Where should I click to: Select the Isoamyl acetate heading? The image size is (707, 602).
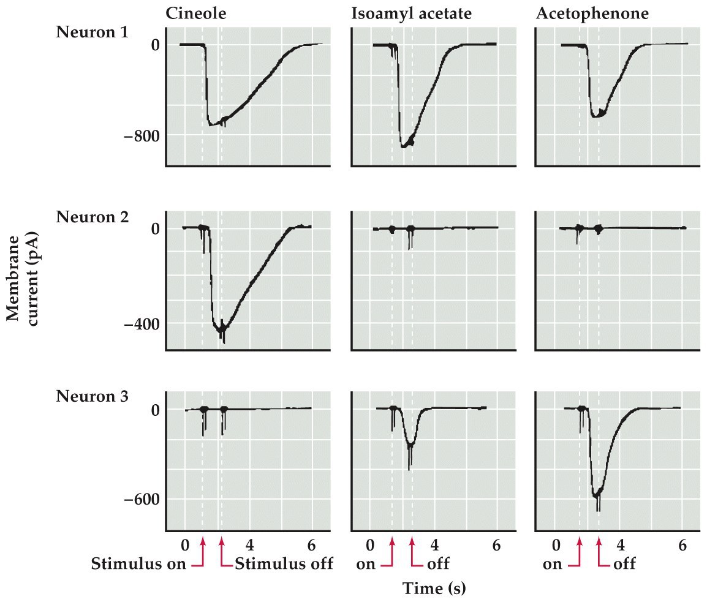pyautogui.click(x=410, y=13)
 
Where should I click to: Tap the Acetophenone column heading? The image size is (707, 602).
pyautogui.click(x=592, y=13)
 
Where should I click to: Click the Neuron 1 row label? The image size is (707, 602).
pyautogui.click(x=92, y=32)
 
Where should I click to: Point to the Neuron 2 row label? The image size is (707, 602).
pyautogui.click(x=92, y=217)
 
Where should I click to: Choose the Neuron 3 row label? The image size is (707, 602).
pyautogui.click(x=92, y=396)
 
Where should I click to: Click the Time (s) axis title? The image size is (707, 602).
pyautogui.click(x=434, y=589)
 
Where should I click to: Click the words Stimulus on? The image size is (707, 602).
pyautogui.click(x=138, y=563)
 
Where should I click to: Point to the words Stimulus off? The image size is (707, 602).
pyautogui.click(x=284, y=563)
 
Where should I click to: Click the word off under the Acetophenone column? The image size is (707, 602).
pyautogui.click(x=624, y=563)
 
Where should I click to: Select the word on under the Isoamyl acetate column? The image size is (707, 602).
pyautogui.click(x=365, y=563)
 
